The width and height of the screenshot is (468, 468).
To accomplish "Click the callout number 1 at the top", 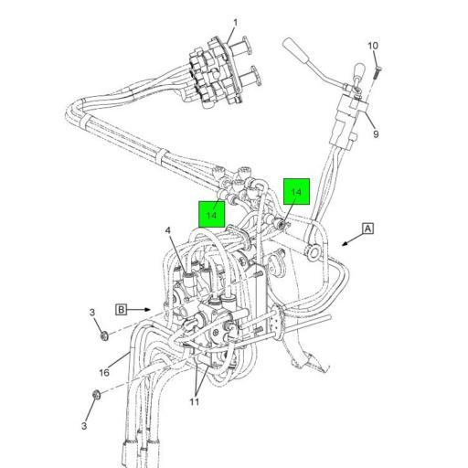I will tap(234, 23).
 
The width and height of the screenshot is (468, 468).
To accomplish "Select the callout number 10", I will tap(372, 46).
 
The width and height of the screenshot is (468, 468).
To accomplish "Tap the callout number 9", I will tap(375, 134).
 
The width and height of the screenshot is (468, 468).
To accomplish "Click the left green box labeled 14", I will tap(212, 214).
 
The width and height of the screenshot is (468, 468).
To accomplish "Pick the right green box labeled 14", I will tap(296, 191).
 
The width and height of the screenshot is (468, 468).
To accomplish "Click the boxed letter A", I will tap(367, 229).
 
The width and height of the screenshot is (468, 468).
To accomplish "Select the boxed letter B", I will tap(121, 309).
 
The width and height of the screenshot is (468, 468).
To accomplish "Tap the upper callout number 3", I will tap(93, 314).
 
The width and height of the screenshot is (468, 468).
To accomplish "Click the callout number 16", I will tap(104, 372).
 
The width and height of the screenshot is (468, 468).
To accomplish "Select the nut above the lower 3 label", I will tap(95, 396).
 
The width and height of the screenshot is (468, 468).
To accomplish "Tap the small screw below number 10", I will tap(378, 65).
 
